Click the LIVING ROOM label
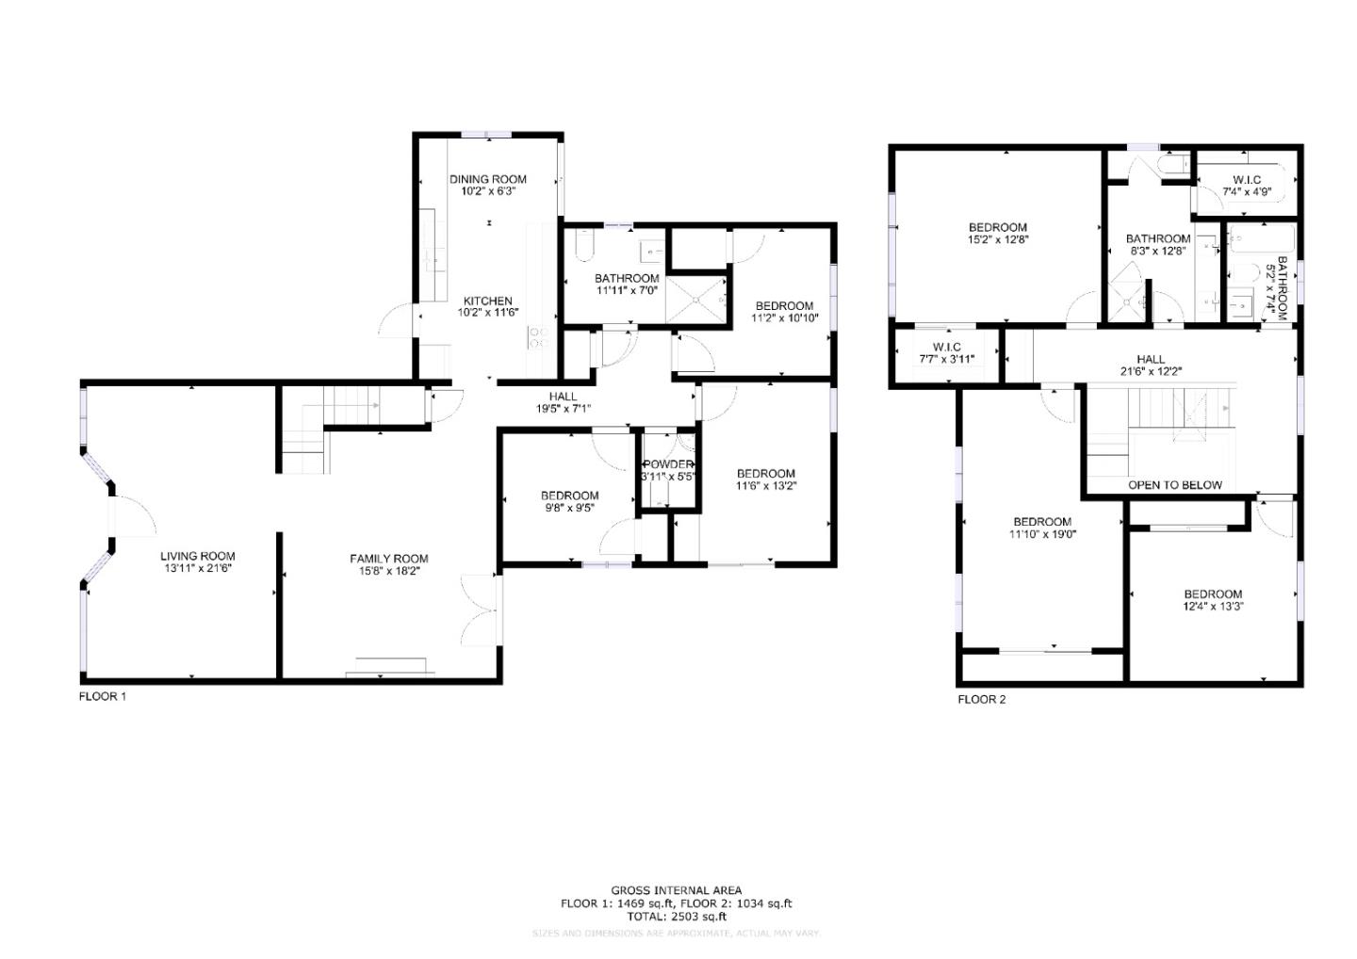(197, 556)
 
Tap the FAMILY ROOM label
(389, 559)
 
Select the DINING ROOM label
(487, 179)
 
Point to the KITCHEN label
(487, 301)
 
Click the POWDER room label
(668, 464)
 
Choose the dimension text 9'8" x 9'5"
(569, 508)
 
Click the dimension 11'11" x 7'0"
(627, 290)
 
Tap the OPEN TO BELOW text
(1174, 485)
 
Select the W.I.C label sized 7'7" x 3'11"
(946, 348)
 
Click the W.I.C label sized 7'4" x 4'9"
(1247, 180)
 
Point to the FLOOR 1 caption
(102, 697)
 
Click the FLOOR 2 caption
(982, 700)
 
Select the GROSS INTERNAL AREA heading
(676, 890)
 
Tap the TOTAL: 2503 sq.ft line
(676, 916)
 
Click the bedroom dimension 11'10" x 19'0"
(1042, 534)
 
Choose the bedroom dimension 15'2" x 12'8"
(998, 239)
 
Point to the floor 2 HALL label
(1150, 359)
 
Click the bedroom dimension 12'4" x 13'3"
(1213, 607)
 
